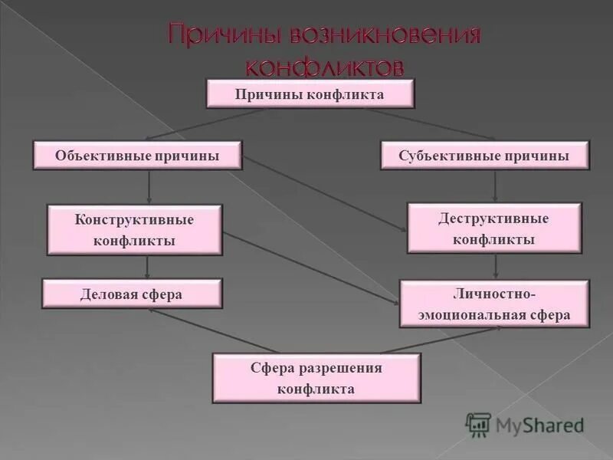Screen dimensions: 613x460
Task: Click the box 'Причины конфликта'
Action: coord(310,94)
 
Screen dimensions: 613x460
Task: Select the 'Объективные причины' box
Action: coord(137,156)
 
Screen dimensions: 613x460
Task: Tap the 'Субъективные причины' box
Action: coord(484,156)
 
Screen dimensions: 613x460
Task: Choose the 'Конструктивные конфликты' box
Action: coord(134,230)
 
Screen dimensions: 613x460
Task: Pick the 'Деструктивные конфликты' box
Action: coord(493,228)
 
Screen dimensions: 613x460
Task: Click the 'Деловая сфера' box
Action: coord(132,294)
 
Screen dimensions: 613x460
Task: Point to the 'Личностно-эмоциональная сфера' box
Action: coord(494,304)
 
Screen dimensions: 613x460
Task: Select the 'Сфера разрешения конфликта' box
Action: coord(316,378)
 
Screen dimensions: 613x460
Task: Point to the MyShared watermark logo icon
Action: coord(478,424)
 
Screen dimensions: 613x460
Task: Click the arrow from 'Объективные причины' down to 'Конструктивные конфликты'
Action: coord(149,186)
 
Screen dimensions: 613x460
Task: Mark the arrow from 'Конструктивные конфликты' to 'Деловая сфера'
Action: coord(148,266)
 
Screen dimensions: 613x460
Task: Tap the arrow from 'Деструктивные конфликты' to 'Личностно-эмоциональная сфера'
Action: coord(496,265)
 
